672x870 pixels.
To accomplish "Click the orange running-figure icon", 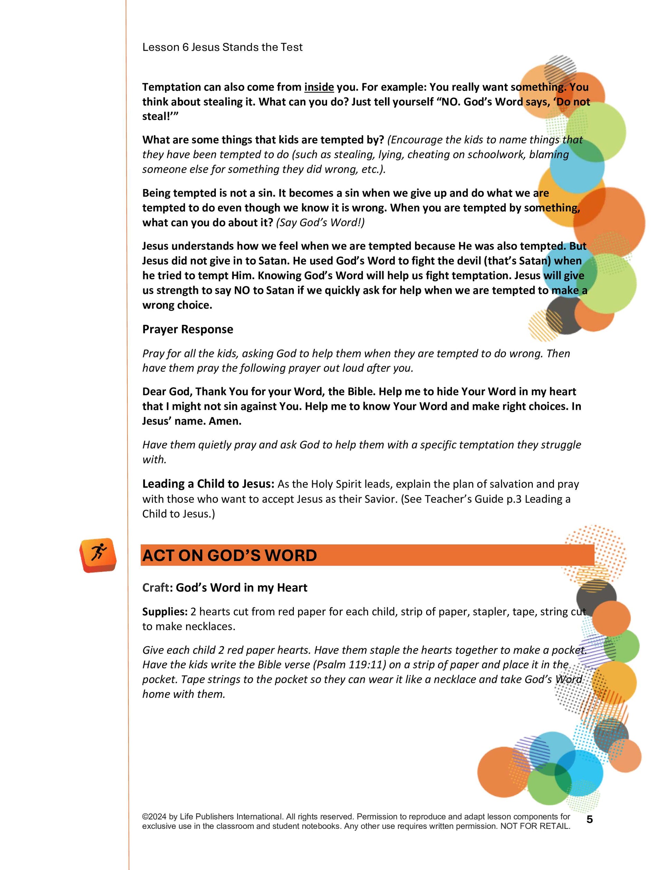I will click(98, 555).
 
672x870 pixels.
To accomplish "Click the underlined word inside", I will click(319, 87).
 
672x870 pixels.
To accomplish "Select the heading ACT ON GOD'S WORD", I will click(229, 555).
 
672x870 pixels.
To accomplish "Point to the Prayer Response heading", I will click(188, 329).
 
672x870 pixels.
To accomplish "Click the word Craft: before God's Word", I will click(157, 588).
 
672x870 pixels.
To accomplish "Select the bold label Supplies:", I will click(165, 612).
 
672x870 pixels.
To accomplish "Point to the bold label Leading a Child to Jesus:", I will click(208, 484).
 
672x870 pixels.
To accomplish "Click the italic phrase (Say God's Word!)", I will click(320, 223).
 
